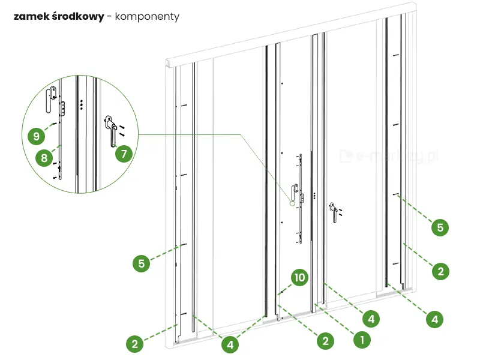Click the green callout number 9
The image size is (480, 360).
pos(37,136)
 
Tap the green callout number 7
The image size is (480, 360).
pos(124,154)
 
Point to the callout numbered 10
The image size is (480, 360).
pos(300,278)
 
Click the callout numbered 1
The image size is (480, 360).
pos(361,340)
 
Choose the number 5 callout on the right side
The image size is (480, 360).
pos(440,227)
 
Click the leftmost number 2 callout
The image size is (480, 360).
pos(135,344)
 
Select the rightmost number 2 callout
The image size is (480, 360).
pos(440,271)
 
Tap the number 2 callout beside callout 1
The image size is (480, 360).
pos(325,340)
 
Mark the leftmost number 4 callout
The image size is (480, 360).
pos(230,344)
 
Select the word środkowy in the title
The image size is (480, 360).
pos(77,17)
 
